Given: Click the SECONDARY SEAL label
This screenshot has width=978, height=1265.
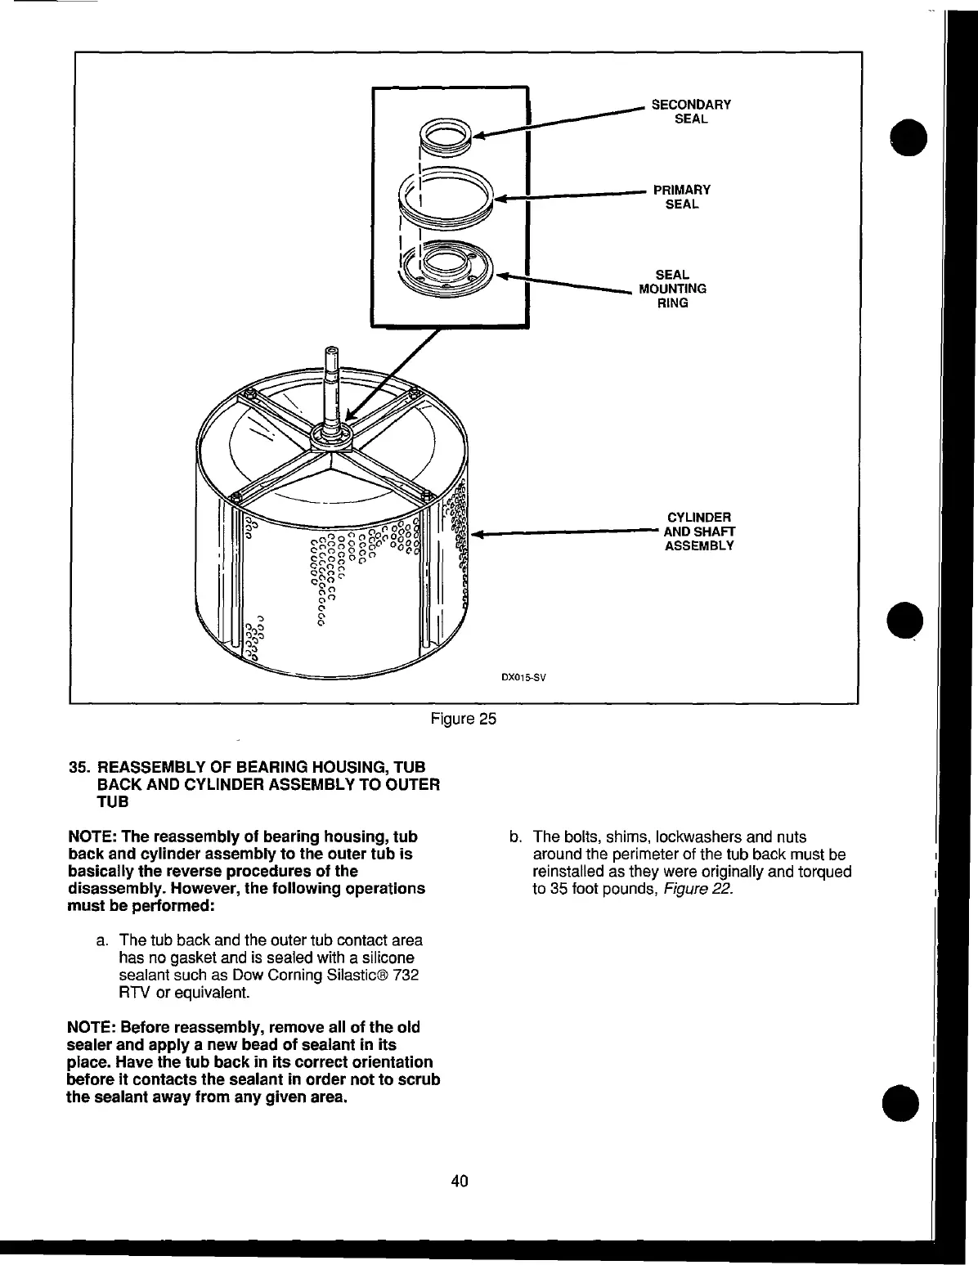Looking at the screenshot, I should [x=690, y=111].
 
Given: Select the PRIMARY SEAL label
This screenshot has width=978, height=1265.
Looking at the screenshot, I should [x=682, y=197].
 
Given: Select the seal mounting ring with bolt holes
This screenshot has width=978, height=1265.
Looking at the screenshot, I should [x=446, y=271].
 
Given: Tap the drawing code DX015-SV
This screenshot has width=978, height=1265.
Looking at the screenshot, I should [x=523, y=677].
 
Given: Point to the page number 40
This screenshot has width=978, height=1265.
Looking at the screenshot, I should [x=459, y=1181].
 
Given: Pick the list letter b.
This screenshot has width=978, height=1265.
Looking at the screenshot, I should [x=514, y=837].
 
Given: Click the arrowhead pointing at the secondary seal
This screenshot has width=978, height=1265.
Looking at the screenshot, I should [x=480, y=137].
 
